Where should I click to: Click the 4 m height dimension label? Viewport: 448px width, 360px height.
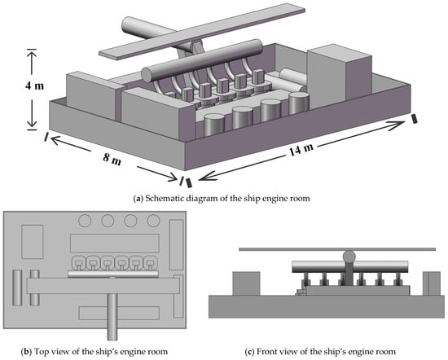pyautogui.click(x=34, y=86)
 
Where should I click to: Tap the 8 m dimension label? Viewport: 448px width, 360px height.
pyautogui.click(x=112, y=159)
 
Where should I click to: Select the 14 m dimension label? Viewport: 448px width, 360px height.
pyautogui.click(x=301, y=149)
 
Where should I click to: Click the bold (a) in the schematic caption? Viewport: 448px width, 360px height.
pyautogui.click(x=138, y=198)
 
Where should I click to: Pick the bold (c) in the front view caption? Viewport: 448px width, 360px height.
pyautogui.click(x=250, y=351)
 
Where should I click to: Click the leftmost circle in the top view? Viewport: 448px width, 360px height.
pyautogui.click(x=85, y=221)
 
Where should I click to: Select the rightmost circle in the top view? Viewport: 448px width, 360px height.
pyautogui.click(x=153, y=221)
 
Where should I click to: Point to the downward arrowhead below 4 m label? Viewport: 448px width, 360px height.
pyautogui.click(x=32, y=122)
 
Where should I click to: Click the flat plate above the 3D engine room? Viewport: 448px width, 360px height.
pyautogui.click(x=202, y=32)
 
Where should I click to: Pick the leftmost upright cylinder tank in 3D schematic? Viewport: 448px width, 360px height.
pyautogui.click(x=213, y=125)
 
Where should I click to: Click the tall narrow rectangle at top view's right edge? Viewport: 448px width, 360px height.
pyautogui.click(x=176, y=244)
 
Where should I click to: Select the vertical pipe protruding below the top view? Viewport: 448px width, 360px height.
pyautogui.click(x=112, y=317)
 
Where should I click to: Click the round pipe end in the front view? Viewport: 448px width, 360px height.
pyautogui.click(x=349, y=256)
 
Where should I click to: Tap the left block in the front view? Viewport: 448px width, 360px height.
pyautogui.click(x=246, y=283)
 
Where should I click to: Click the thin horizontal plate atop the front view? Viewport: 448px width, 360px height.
pyautogui.click(x=337, y=249)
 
